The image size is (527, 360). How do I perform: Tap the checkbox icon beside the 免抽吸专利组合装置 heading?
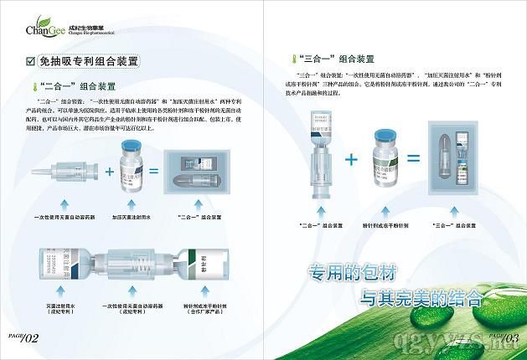tap(32, 62)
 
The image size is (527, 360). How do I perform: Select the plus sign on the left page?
tap(109, 172)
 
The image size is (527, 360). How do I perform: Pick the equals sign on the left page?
tap(152, 172)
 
